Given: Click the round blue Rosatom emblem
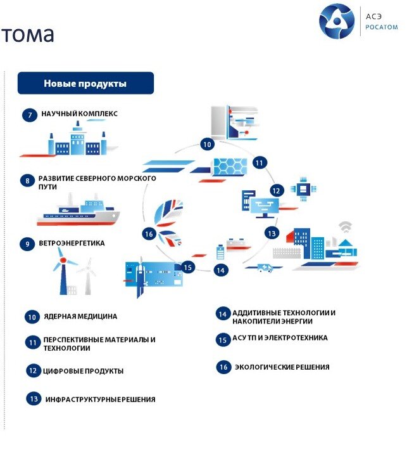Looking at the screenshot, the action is (337, 21).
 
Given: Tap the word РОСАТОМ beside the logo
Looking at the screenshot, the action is (382, 27).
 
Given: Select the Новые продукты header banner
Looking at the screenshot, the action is (85, 83).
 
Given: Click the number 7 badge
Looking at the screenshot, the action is (30, 115).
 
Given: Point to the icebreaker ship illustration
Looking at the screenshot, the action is (78, 210).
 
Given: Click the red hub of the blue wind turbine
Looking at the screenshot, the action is (63, 260).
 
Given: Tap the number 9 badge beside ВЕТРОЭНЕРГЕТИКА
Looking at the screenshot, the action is (27, 244).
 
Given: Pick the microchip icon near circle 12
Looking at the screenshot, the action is (303, 189).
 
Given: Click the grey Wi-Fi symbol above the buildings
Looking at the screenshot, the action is (346, 226).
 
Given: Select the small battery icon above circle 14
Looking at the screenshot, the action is (220, 251).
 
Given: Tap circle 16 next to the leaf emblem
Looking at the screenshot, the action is (149, 234).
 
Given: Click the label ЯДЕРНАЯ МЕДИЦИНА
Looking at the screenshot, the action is (80, 316).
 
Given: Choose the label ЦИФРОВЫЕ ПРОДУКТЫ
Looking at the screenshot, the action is (83, 371).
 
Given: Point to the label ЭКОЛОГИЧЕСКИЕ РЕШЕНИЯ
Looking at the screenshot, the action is (282, 367).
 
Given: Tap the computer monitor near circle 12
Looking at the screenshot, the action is (265, 207).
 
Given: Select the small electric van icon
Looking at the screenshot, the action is (265, 268).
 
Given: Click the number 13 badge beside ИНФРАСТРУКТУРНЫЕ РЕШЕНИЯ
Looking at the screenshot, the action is (34, 399).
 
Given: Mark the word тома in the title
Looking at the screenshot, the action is (27, 34).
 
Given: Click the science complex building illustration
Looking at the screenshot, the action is (77, 139).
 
